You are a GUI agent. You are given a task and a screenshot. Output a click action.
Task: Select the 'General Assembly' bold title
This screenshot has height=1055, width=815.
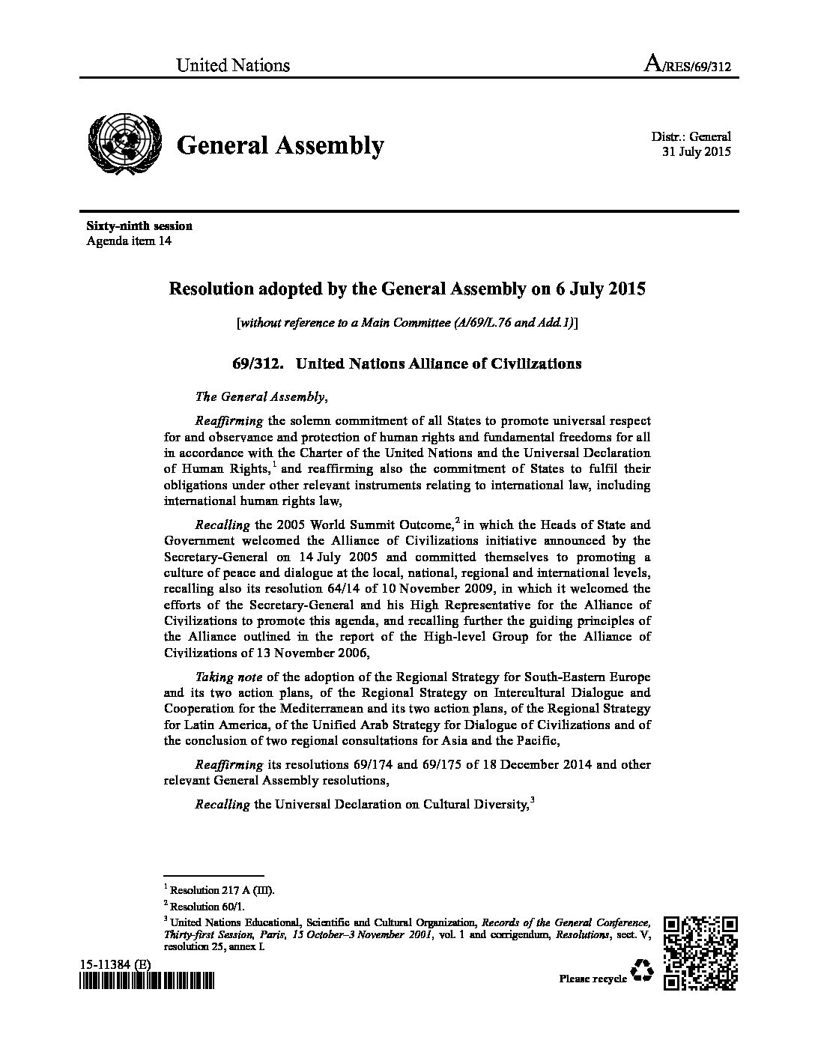click(279, 145)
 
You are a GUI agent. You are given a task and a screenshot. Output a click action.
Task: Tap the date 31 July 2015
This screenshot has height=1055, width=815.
click(696, 151)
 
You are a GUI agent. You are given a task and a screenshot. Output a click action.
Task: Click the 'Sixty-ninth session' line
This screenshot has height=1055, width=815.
click(139, 226)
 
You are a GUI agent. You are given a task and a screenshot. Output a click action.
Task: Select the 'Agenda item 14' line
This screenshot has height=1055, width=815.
click(130, 241)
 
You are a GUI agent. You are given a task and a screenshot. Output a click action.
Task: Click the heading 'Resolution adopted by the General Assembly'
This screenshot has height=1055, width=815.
click(407, 288)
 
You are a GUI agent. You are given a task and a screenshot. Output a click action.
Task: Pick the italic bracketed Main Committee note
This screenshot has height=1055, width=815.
click(407, 323)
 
